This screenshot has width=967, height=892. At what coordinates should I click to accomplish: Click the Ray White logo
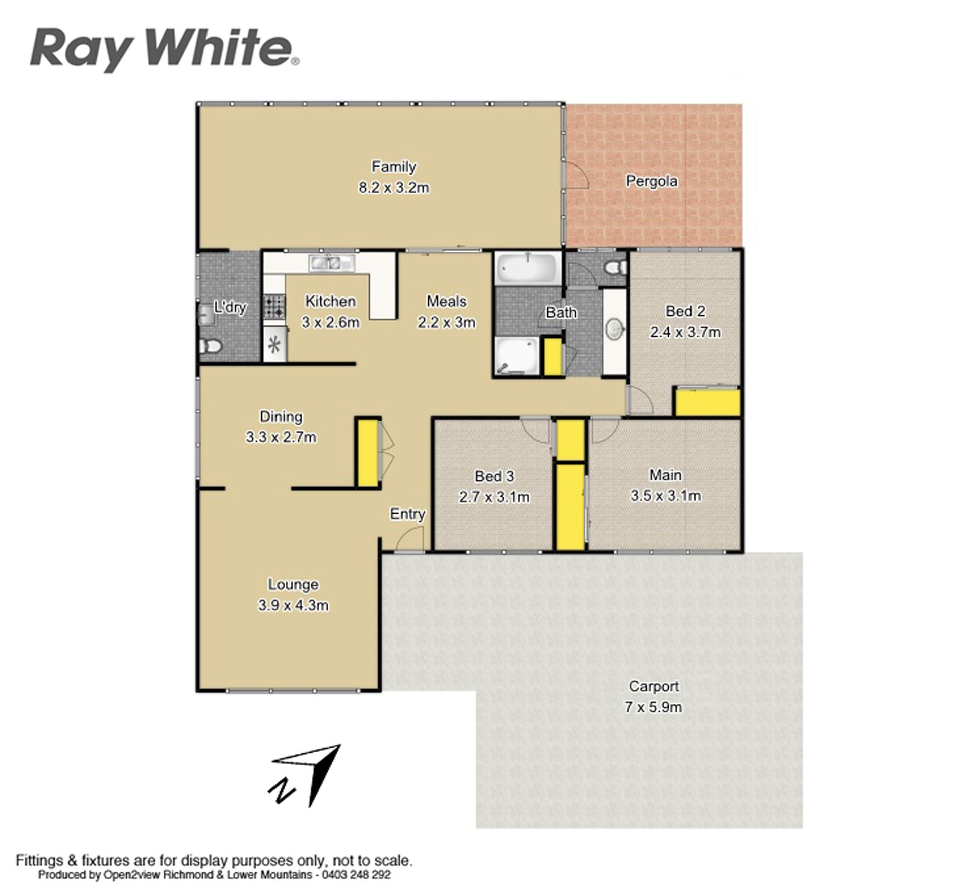coord(165,50)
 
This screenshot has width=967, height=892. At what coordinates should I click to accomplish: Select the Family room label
coord(393,166)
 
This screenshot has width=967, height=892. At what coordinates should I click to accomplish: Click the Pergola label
coord(651,181)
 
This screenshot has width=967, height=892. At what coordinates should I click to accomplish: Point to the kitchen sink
coord(332,263)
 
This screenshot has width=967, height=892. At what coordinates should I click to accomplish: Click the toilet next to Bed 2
coord(616,267)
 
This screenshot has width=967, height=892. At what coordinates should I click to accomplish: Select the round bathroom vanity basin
coord(615,330)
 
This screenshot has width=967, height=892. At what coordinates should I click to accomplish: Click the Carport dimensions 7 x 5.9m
coord(653,707)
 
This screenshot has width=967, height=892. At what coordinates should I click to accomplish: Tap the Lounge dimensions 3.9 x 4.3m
coord(293,605)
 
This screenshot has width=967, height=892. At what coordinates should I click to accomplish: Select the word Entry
coord(407,514)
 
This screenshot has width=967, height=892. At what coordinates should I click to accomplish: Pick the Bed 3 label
coord(494,476)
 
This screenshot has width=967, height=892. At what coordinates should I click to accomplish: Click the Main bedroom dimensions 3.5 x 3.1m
coord(665,496)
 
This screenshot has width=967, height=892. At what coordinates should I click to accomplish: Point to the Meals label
coord(446,301)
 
